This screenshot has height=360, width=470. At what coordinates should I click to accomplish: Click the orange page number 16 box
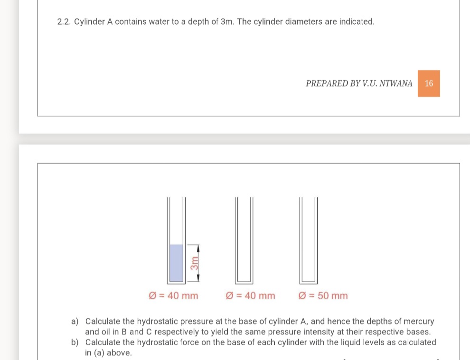pos(429,83)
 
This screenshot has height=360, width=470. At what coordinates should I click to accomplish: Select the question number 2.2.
pos(64,22)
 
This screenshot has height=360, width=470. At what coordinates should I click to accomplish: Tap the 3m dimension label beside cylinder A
pos(194,263)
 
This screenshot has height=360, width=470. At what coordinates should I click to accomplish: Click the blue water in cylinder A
pos(176,263)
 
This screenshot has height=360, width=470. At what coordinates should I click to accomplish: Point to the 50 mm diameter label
pos(323,296)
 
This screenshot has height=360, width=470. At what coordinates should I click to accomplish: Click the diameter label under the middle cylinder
pos(250,296)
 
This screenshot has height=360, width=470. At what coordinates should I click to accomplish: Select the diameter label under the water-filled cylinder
pos(173,296)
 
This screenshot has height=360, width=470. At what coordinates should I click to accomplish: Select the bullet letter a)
pos(75,322)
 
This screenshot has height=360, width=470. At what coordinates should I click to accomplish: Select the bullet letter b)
pos(75,342)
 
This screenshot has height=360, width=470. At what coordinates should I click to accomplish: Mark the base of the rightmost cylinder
pos(308,282)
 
